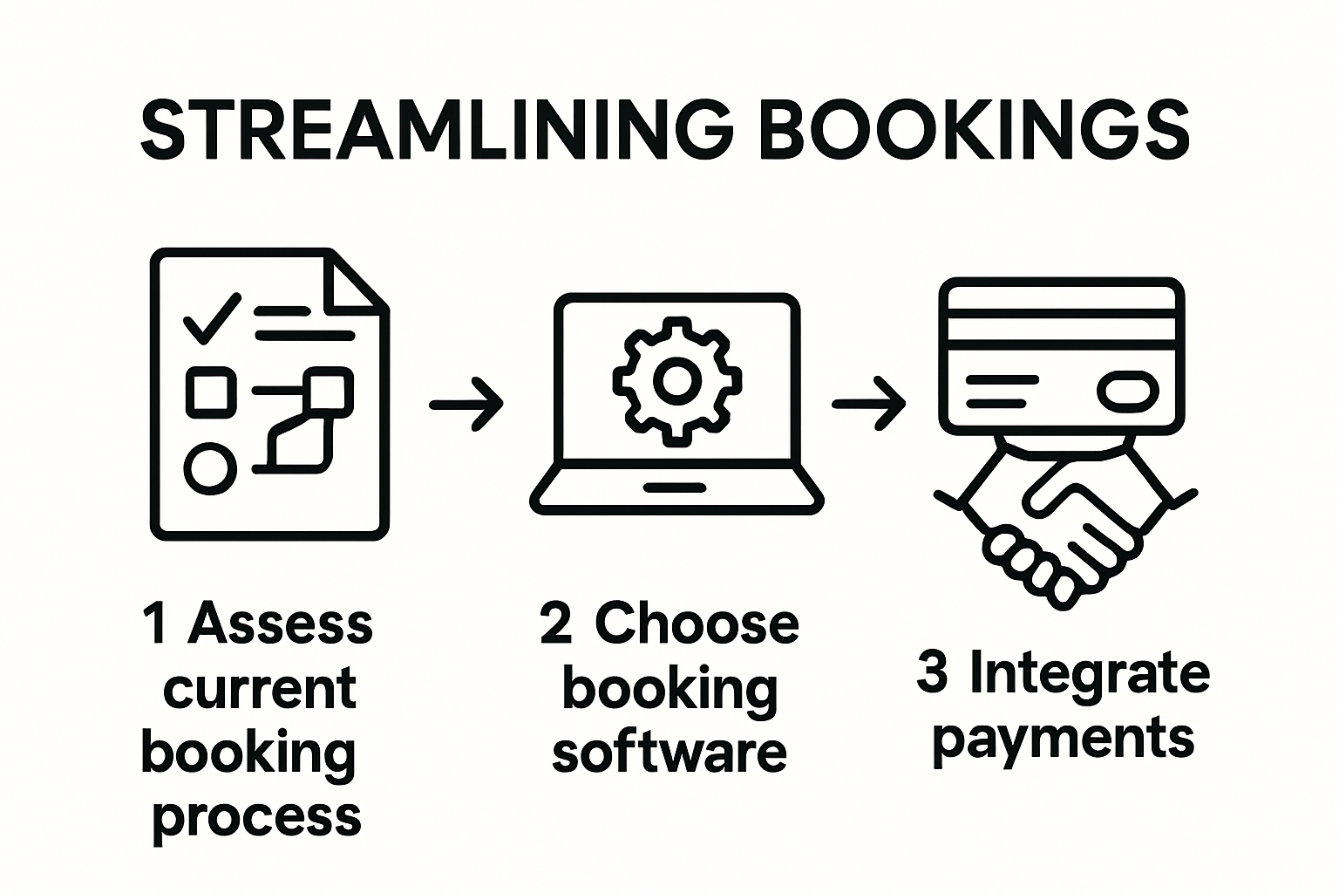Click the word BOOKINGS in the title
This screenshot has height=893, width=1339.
coord(975,131)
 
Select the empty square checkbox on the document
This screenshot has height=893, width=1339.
coord(211,390)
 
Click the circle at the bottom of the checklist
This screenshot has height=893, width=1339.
coord(210,467)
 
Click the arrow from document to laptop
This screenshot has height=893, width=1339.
coord(466,404)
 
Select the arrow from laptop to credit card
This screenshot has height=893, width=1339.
coord(869,404)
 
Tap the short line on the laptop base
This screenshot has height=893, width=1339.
coord(676,487)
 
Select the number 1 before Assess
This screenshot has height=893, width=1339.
coord(157,624)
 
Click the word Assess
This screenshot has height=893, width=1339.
coord(281,624)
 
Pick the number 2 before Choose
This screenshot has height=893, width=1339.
coord(555,624)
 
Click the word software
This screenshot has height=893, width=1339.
coord(669,753)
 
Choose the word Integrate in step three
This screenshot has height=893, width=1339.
coord(1089,674)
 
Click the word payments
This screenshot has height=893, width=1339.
coord(1063,740)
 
